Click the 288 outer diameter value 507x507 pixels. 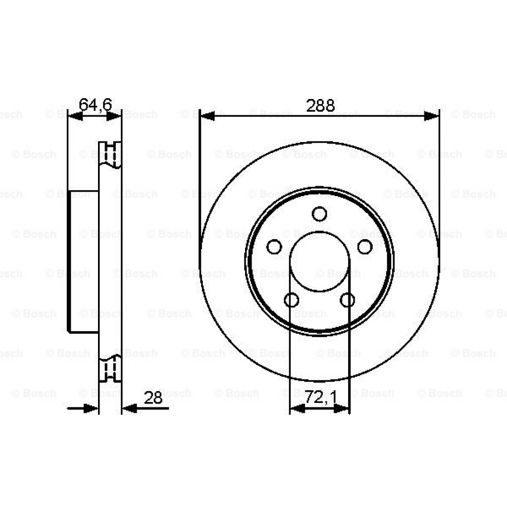[x=320, y=105]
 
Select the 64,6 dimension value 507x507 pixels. [x=96, y=104]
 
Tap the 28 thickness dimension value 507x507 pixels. [x=153, y=398]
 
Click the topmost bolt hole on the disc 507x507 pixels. [x=319, y=214]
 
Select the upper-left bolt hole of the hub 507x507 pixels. [x=274, y=247]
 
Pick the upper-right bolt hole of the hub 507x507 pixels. [x=365, y=247]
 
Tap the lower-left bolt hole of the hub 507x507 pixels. [x=292, y=300]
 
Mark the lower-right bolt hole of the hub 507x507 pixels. [x=348, y=300]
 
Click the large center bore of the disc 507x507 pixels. [x=319, y=261]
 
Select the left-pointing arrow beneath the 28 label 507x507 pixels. [x=130, y=408]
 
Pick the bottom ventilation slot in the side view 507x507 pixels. [x=110, y=369]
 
